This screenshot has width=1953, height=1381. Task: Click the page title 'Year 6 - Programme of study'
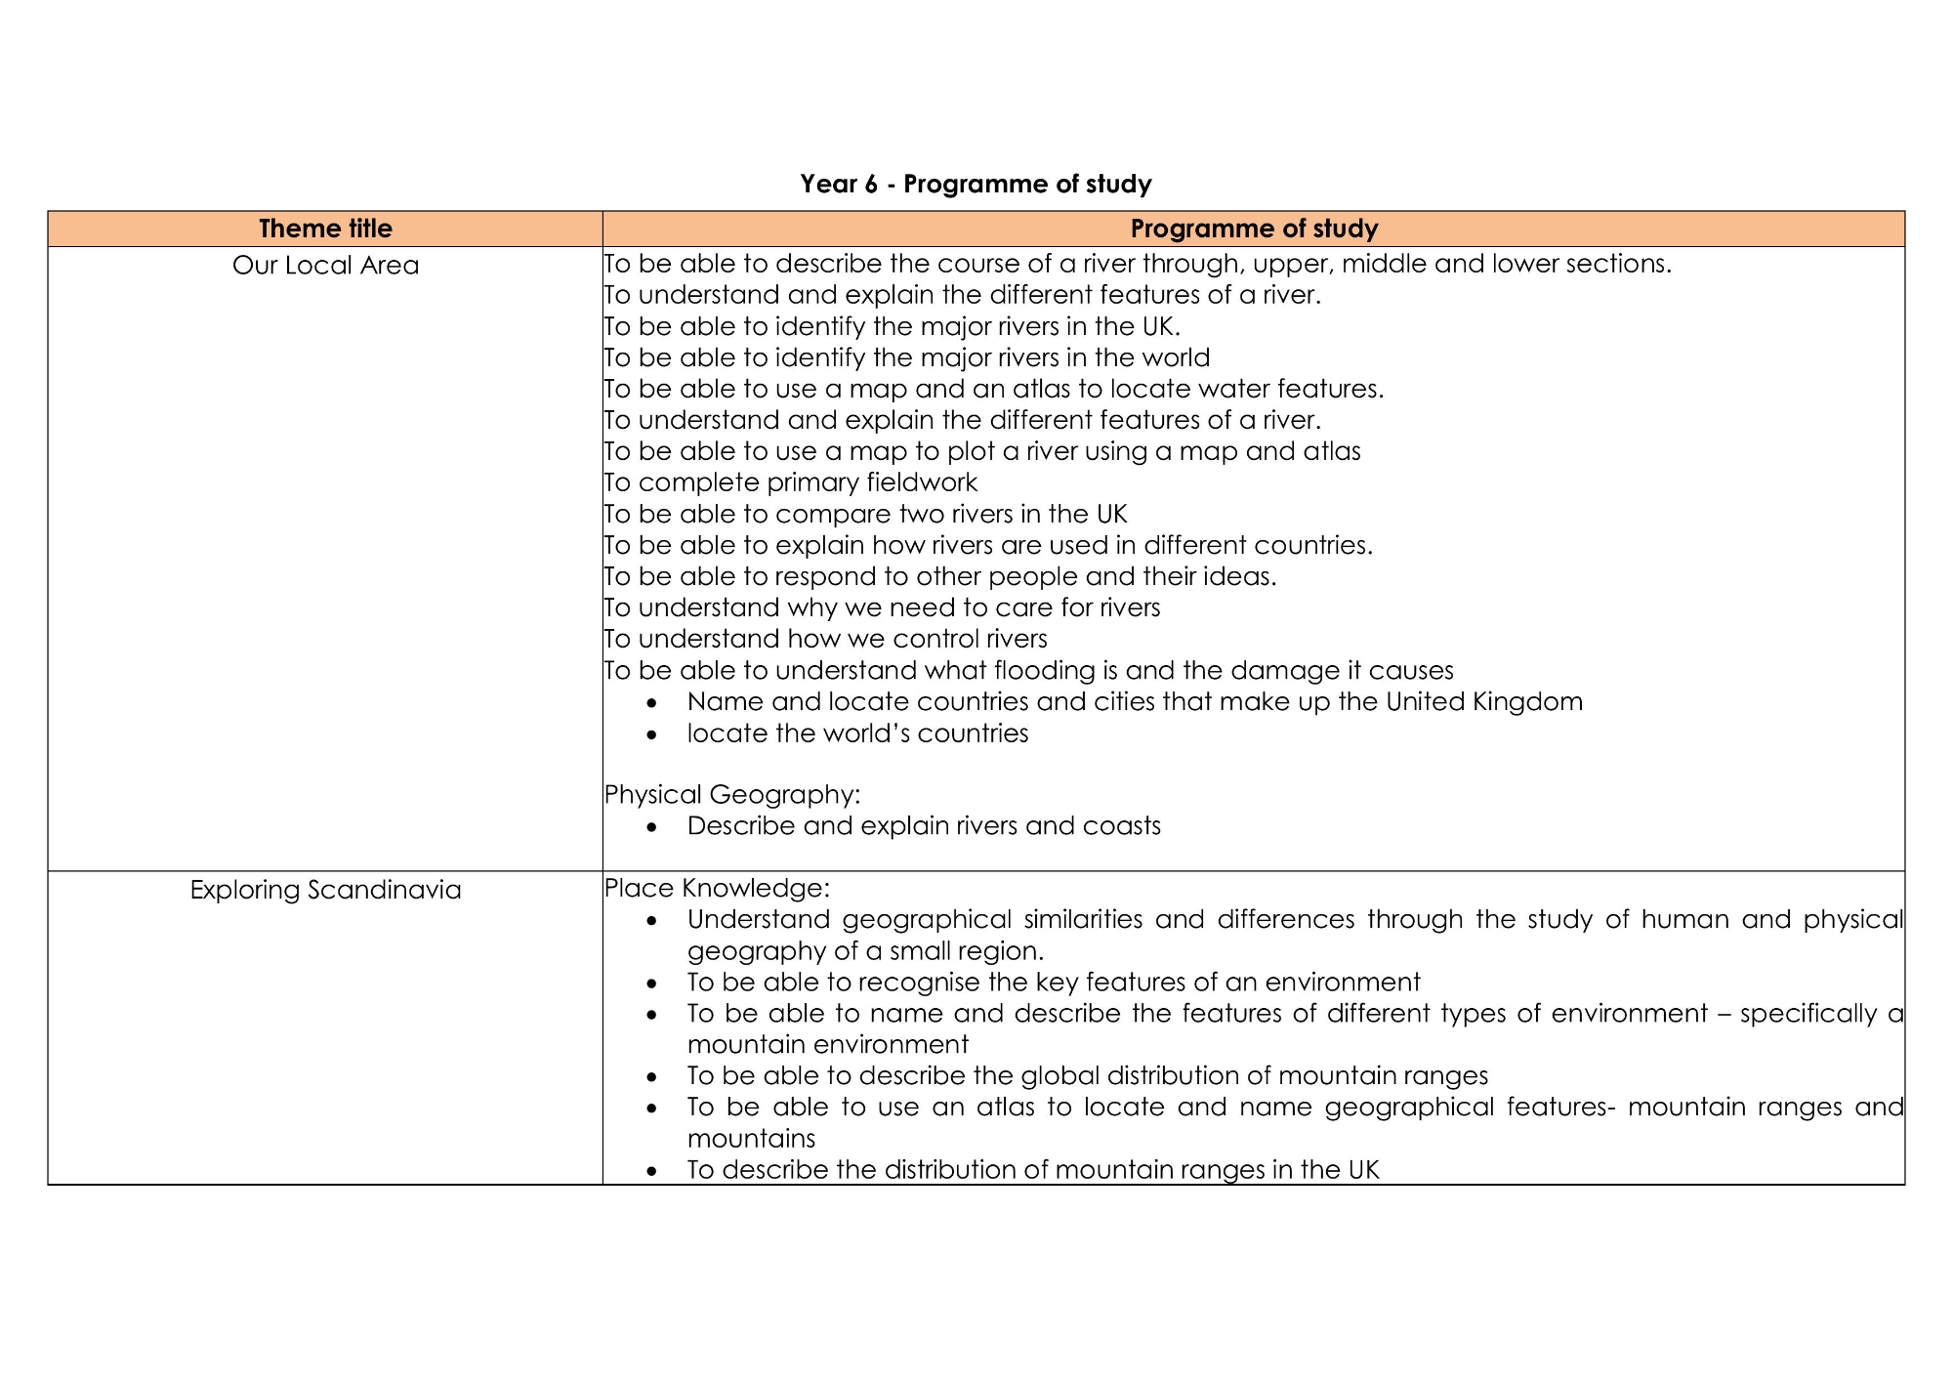coord(976,184)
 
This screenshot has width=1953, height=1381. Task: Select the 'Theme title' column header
coord(325,229)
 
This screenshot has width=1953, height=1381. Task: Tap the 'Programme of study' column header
coord(1254,229)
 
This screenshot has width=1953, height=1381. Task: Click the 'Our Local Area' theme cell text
coord(325,266)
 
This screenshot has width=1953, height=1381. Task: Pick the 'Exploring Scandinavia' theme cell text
coord(325,890)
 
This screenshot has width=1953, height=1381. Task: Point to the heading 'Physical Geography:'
coord(732,794)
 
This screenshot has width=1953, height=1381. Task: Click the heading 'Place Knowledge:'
coord(717,888)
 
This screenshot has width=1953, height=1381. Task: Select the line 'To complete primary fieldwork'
coord(791,482)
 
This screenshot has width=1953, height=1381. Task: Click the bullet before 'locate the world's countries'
coord(652,733)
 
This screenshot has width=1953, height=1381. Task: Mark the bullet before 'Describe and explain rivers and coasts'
coord(652,826)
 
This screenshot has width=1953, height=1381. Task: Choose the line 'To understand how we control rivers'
coord(826,639)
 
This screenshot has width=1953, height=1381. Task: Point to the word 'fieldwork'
coord(922,482)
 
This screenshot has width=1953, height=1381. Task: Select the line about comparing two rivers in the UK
coord(865,514)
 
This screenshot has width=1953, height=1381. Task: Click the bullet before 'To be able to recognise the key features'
coord(652,983)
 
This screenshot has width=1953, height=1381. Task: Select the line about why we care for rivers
coord(883,607)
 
